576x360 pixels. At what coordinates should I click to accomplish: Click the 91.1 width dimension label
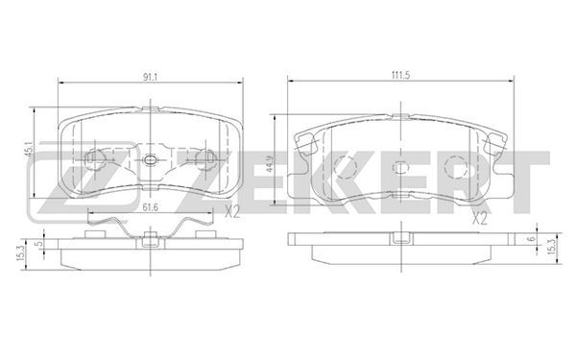click(150, 77)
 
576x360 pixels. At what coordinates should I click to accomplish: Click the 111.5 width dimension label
click(400, 75)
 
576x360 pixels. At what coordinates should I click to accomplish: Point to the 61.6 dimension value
click(150, 208)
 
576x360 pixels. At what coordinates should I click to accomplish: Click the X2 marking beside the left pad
click(232, 212)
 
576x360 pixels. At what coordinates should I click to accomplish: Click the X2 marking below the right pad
click(479, 219)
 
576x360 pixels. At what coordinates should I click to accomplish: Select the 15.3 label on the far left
click(20, 253)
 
